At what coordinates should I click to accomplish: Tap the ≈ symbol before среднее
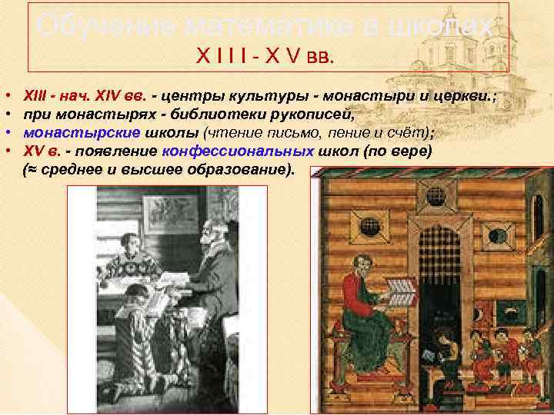[x=32, y=168]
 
